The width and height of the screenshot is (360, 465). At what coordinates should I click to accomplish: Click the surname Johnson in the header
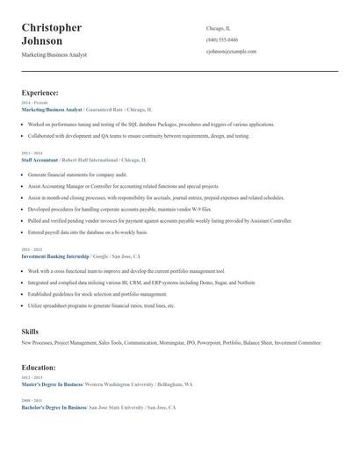click(x=42, y=41)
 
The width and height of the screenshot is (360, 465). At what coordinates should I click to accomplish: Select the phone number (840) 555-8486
click(x=222, y=39)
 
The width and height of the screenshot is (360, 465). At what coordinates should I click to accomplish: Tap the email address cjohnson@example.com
click(x=231, y=52)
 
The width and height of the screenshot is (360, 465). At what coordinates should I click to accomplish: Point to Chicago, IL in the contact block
click(x=219, y=28)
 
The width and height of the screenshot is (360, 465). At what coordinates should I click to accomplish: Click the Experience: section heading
click(x=40, y=92)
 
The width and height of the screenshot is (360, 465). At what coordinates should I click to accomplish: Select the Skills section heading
click(x=30, y=332)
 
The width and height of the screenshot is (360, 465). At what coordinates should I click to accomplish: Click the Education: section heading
click(x=39, y=368)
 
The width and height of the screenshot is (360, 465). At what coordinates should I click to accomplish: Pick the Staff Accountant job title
click(x=40, y=161)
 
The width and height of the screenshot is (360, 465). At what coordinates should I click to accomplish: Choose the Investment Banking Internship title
click(x=55, y=257)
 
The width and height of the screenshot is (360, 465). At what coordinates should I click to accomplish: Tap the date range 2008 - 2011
click(x=31, y=401)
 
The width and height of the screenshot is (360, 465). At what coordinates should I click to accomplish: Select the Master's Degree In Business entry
click(x=52, y=384)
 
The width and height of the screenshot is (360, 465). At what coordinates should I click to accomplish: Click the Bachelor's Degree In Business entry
click(x=54, y=408)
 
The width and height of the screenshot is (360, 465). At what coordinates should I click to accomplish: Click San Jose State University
click(x=116, y=408)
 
